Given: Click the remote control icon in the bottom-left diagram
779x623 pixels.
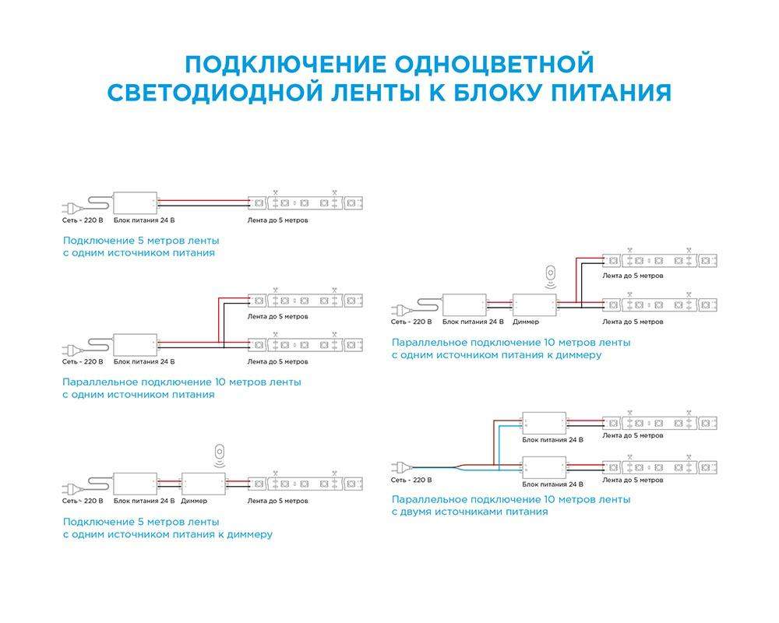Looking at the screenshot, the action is click(x=220, y=456).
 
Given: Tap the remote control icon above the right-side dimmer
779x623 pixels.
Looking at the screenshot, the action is click(x=551, y=276).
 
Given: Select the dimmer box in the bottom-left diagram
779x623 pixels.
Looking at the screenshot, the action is click(x=203, y=484).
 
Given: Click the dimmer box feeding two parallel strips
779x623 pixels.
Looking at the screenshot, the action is click(x=534, y=304).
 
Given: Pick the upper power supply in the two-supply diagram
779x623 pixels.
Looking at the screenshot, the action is click(x=544, y=424).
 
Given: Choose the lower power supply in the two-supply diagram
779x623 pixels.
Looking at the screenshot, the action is click(x=544, y=467).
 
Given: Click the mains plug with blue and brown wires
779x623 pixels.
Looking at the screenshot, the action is click(x=401, y=467).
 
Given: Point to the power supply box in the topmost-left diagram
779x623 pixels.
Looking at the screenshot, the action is click(x=135, y=202).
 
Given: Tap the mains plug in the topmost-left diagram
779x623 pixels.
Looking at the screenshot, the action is click(x=72, y=207).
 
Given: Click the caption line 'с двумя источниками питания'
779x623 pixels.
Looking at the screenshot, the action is click(x=470, y=512).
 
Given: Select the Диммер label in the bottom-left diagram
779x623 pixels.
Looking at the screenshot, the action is click(x=194, y=501).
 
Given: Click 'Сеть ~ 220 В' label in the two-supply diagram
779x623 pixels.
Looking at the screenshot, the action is click(x=411, y=480).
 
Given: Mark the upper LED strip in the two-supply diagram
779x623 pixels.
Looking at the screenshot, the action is click(x=659, y=424).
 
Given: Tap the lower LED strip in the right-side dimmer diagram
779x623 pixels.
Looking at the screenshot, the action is click(x=659, y=304).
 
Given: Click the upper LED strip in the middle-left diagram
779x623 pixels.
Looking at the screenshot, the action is click(x=305, y=300).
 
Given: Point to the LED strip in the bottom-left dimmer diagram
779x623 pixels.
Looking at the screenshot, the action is click(x=305, y=484).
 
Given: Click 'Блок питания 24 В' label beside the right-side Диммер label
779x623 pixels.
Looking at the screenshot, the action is click(x=473, y=322).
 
